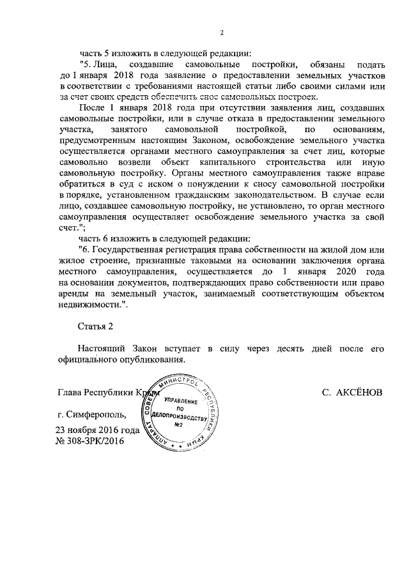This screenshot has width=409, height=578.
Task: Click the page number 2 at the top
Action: point(222,33)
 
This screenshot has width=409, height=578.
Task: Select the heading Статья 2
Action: point(95,327)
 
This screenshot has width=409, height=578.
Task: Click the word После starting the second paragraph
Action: point(92,107)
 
